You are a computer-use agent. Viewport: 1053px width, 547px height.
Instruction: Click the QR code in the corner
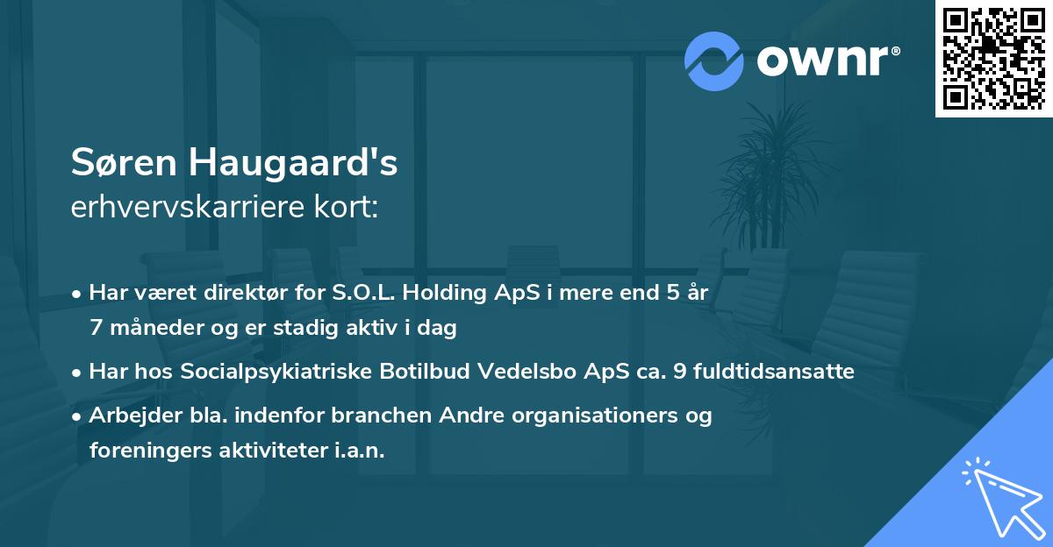coord(993,58)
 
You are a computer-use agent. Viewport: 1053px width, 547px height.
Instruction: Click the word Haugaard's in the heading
coord(298,164)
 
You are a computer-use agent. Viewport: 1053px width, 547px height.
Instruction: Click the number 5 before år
coord(672,293)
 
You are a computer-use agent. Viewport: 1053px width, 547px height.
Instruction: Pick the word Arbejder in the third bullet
coord(127,416)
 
